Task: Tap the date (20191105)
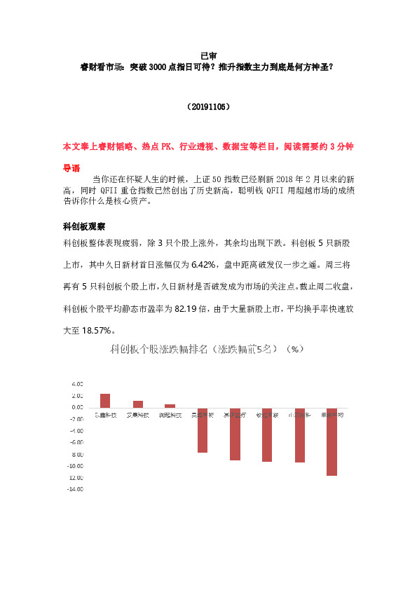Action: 208,108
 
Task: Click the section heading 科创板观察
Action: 83,227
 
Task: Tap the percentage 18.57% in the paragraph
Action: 96,330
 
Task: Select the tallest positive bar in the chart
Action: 105,400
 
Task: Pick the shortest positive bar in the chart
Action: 170,406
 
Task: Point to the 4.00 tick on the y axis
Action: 77,384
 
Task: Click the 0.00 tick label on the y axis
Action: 77,407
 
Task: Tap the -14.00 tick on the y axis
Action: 76,489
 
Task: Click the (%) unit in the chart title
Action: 296,349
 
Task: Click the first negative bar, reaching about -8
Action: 203,430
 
